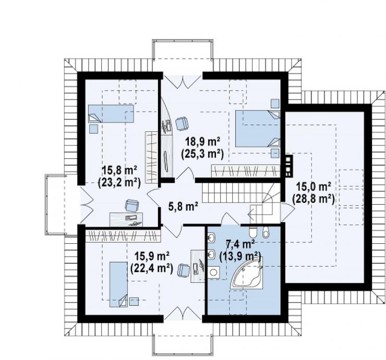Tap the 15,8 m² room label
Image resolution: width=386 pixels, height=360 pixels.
tap(119, 171)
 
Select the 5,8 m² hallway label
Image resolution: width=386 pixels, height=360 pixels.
tap(184, 206)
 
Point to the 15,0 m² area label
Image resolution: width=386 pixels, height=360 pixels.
tap(313, 187)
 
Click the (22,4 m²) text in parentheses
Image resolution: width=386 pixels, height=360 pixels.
tap(151, 268)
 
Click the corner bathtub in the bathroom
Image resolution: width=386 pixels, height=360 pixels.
tap(247, 273)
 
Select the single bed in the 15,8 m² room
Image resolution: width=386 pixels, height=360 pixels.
tap(111, 114)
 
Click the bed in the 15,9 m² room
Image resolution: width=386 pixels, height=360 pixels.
tap(118, 284)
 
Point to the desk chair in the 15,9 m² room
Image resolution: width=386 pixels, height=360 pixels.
tap(184, 271)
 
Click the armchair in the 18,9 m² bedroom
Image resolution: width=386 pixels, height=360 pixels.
tap(182, 123)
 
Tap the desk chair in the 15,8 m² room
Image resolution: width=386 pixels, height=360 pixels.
tap(132, 206)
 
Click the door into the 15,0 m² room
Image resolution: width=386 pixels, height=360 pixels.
tap(287, 212)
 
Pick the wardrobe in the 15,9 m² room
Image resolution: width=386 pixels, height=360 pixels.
tap(123, 236)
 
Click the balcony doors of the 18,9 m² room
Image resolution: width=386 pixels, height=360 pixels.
tap(183, 81)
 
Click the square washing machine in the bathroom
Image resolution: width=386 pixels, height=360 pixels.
tap(214, 272)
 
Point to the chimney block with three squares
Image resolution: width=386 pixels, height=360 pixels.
tap(288, 166)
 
